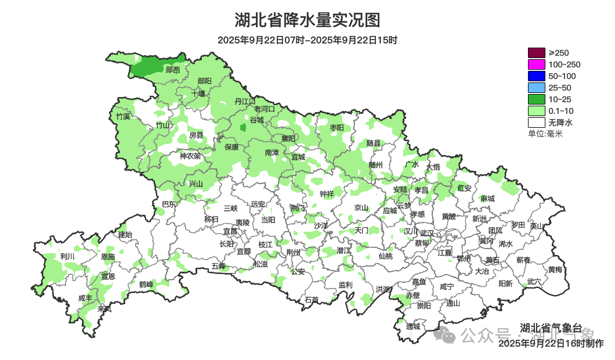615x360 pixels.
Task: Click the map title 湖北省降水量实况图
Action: pyautogui.click(x=307, y=20)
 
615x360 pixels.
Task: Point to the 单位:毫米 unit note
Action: pyautogui.click(x=545, y=134)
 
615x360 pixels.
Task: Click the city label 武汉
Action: pyautogui.click(x=426, y=232)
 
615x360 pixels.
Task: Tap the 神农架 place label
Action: pyautogui.click(x=190, y=156)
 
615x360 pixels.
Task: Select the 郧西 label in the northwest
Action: pyautogui.click(x=172, y=70)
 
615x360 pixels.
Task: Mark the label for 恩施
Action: pyautogui.click(x=108, y=257)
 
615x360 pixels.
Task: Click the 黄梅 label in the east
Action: pyautogui.click(x=555, y=269)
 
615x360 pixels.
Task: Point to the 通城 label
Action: pyautogui.click(x=413, y=326)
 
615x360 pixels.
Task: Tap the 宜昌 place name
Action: pyautogui.click(x=230, y=231)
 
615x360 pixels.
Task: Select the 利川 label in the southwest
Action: pyautogui.click(x=67, y=256)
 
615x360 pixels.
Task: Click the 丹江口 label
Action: pyautogui.click(x=245, y=101)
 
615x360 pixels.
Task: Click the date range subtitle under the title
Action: pyautogui.click(x=307, y=40)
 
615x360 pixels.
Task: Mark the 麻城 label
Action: pyautogui.click(x=487, y=199)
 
